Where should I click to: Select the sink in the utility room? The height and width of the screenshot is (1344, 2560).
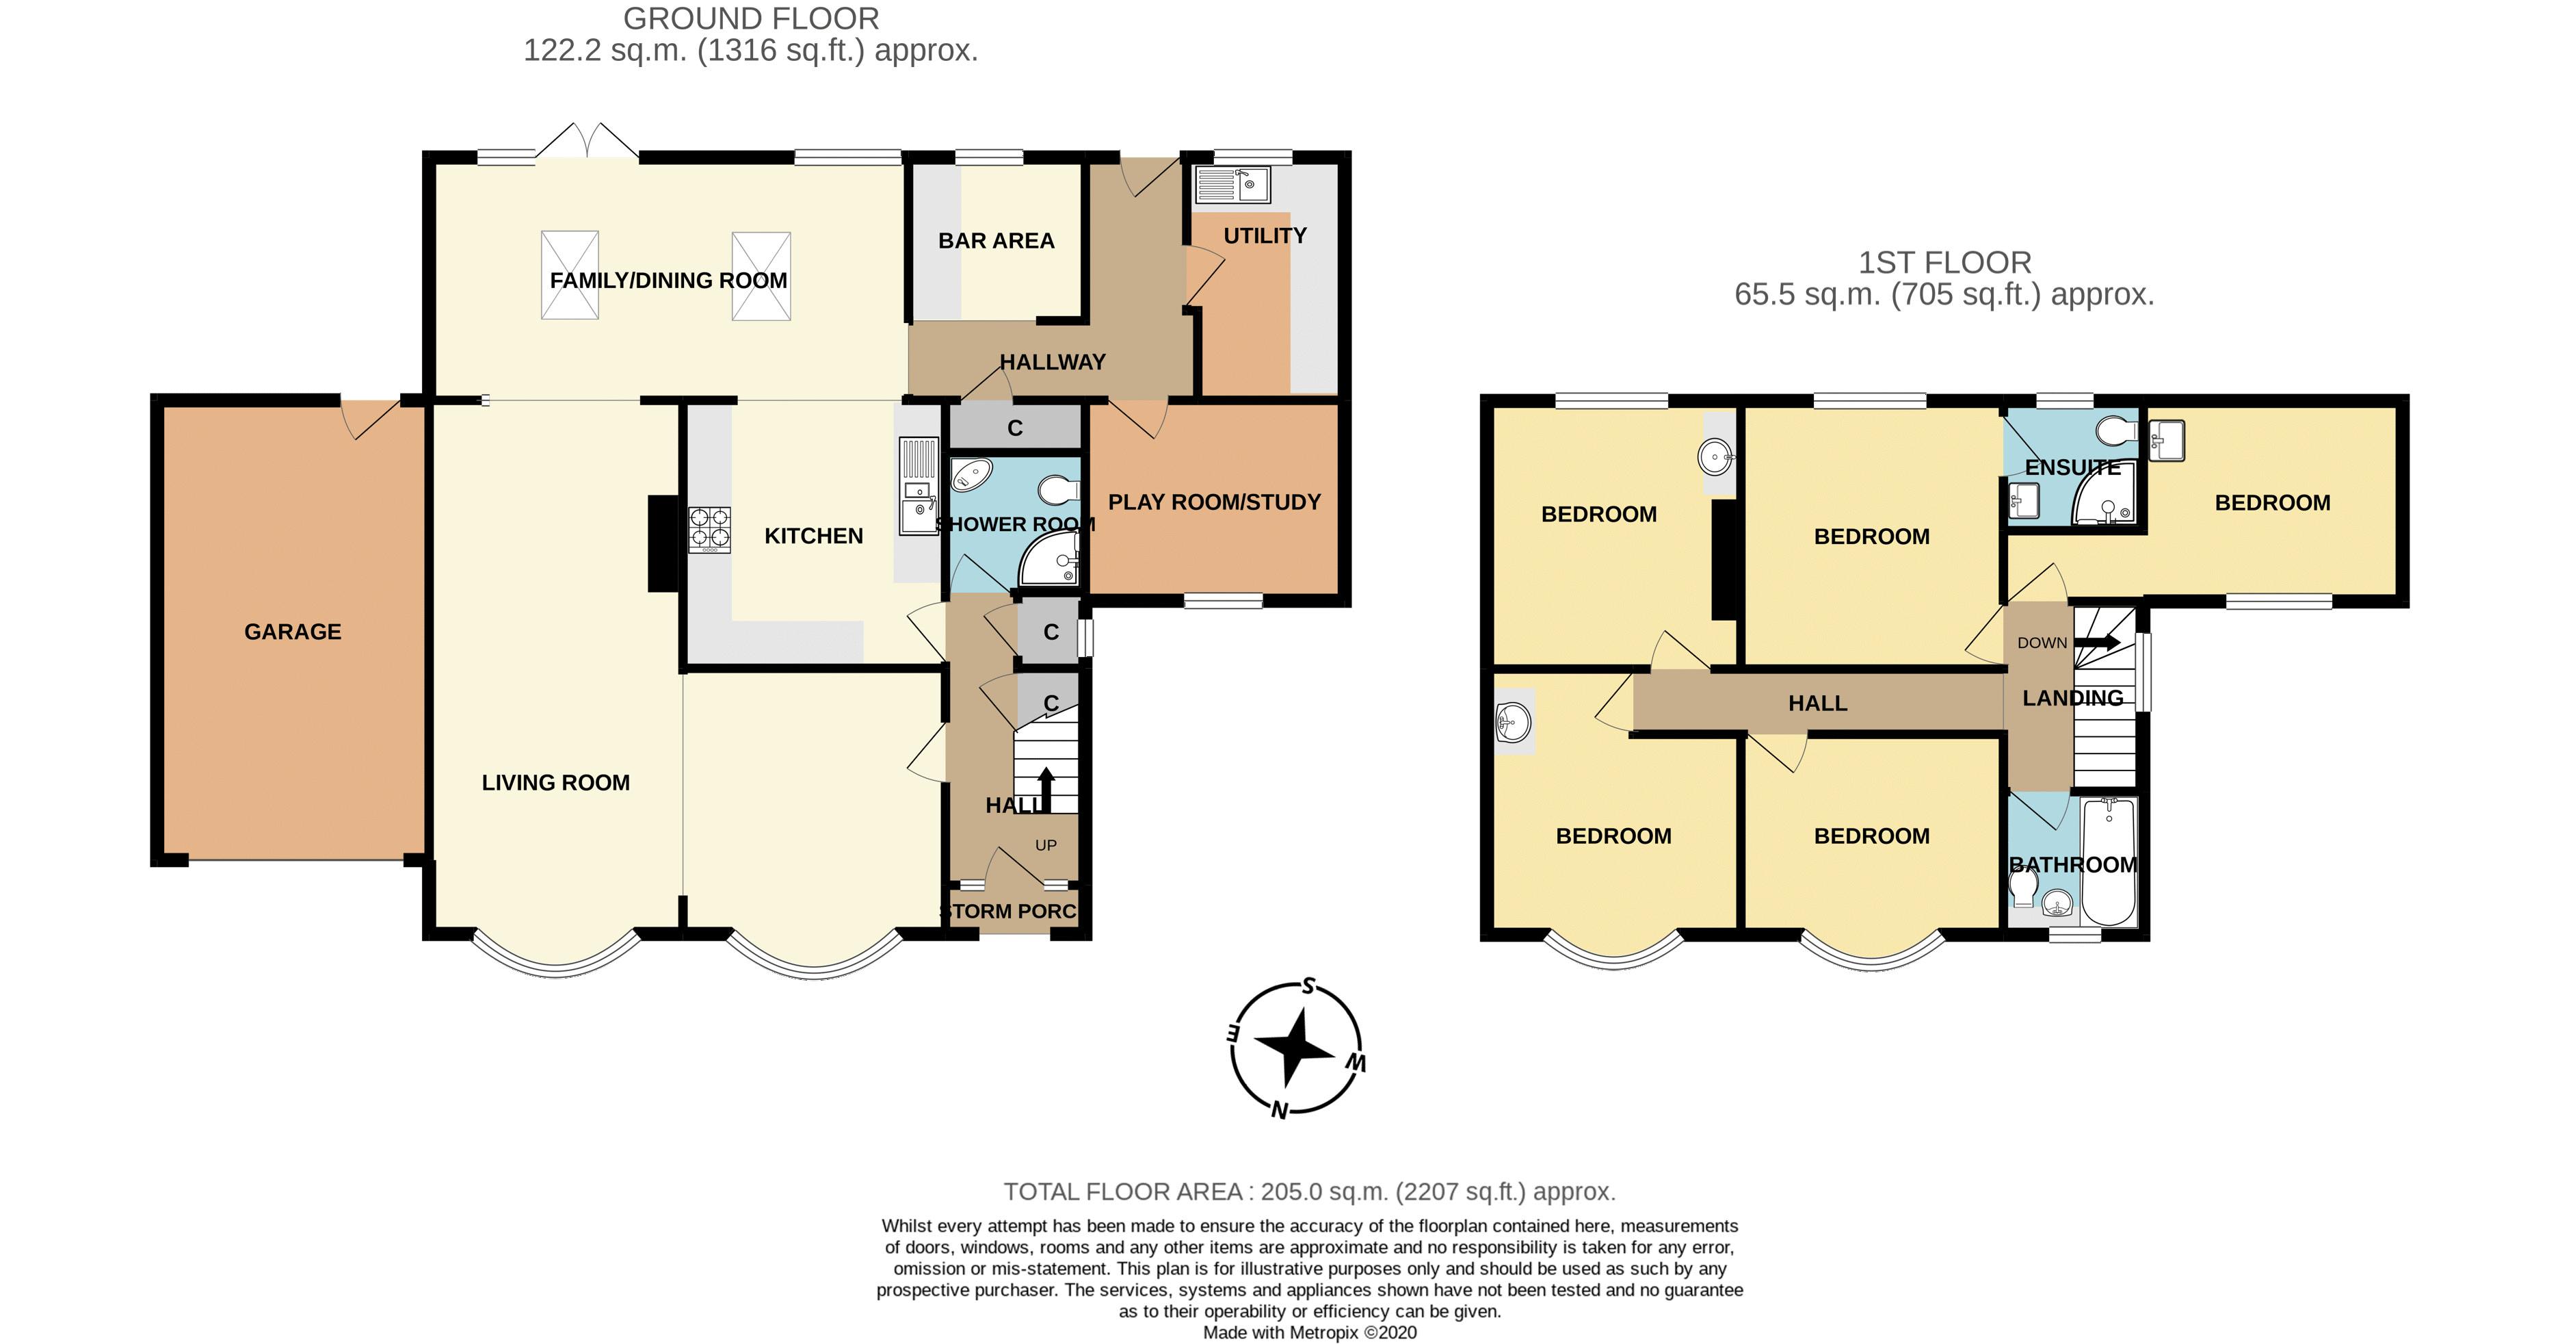pyautogui.click(x=1233, y=185)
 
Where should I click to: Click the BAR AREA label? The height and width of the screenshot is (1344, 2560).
pyautogui.click(x=996, y=241)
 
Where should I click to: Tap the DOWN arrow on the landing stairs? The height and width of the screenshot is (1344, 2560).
pyautogui.click(x=2097, y=642)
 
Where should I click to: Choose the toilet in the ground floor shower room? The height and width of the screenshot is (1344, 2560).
pyautogui.click(x=1060, y=490)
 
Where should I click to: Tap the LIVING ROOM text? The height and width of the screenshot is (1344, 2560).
pyautogui.click(x=555, y=782)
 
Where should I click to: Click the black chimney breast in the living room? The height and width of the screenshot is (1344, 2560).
pyautogui.click(x=662, y=544)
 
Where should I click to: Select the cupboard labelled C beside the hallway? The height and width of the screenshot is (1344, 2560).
pyautogui.click(x=1015, y=428)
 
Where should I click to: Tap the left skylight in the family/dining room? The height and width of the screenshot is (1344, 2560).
pyautogui.click(x=570, y=275)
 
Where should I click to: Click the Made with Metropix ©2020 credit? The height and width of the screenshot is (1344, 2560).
pyautogui.click(x=1309, y=1332)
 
